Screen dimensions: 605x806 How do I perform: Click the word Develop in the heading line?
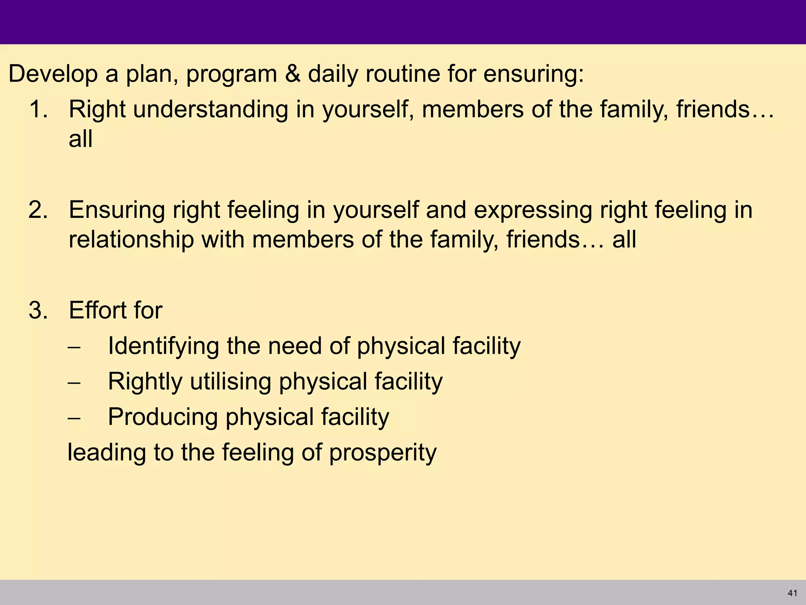coord(53,74)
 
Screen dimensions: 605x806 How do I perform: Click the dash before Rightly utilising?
coord(74,383)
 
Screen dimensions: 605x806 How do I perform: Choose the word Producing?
coord(163,418)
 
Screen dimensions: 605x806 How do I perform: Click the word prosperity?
coord(383,453)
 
